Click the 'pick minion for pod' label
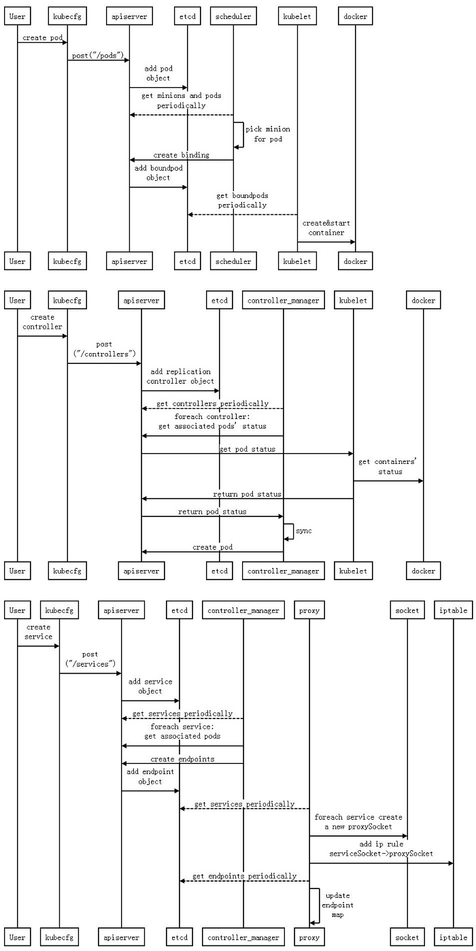[268, 134]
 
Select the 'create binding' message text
[182, 155]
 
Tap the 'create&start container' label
[326, 228]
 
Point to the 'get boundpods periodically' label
[242, 200]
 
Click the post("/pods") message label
[98, 55]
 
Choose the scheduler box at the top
[233, 16]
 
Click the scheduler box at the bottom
[233, 261]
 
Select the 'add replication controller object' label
[180, 376]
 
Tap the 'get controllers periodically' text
[213, 403]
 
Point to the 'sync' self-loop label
[304, 531]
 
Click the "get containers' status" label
[388, 466]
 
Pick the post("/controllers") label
[104, 349]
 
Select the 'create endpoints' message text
[182, 758]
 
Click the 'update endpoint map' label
[337, 905]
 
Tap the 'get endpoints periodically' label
[244, 876]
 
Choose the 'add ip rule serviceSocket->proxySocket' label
[381, 848]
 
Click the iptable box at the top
[453, 610]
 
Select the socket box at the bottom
[407, 937]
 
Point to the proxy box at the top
[309, 610]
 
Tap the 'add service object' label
[150, 686]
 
